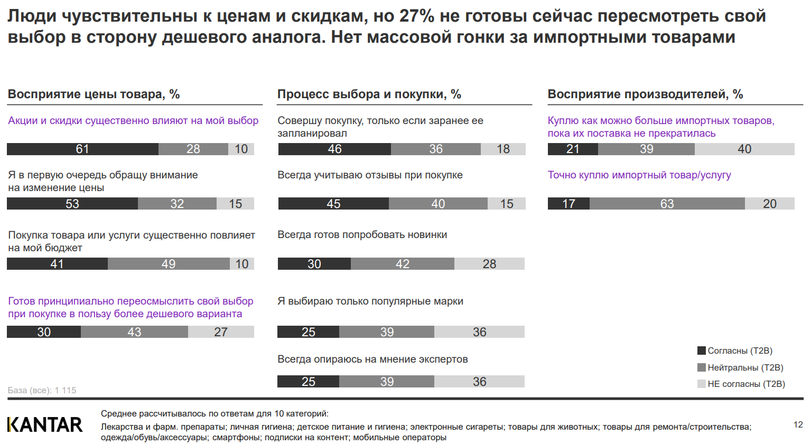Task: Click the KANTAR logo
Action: pyautogui.click(x=45, y=424)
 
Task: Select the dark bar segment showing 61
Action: pyautogui.click(x=82, y=149)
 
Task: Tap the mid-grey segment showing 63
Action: pyautogui.click(x=667, y=204)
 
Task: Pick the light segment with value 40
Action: pyautogui.click(x=744, y=149)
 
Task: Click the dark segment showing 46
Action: pyautogui.click(x=334, y=149)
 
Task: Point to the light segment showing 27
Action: pyautogui.click(x=221, y=332)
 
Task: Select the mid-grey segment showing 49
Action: pyautogui.click(x=169, y=264)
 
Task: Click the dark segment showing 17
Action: pyautogui.click(x=568, y=204)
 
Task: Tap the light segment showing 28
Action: pyautogui.click(x=489, y=264)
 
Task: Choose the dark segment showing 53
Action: pyautogui.click(x=72, y=204)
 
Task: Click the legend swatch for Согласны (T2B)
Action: pyautogui.click(x=702, y=351)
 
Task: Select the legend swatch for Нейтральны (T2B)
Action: pyautogui.click(x=702, y=367)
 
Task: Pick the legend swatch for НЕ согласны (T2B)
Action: pyautogui.click(x=702, y=384)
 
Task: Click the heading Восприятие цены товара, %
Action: pyautogui.click(x=94, y=94)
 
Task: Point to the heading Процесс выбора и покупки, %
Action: pyautogui.click(x=369, y=94)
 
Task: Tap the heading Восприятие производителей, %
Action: pyautogui.click(x=645, y=94)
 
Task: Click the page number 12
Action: pyautogui.click(x=798, y=424)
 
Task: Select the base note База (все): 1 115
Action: pyautogui.click(x=42, y=390)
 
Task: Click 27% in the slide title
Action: pyautogui.click(x=417, y=16)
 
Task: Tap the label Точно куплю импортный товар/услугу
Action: pyautogui.click(x=639, y=175)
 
